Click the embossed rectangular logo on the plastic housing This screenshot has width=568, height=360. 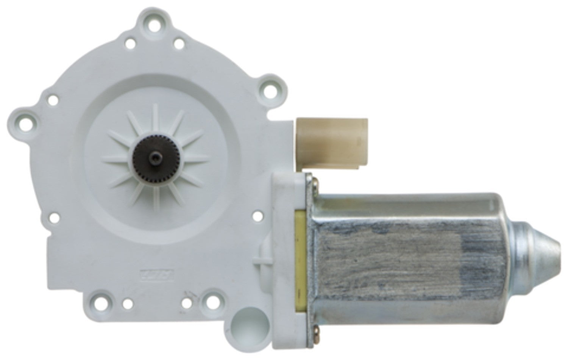click(153, 274)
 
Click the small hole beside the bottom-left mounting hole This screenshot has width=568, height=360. click(129, 303)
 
